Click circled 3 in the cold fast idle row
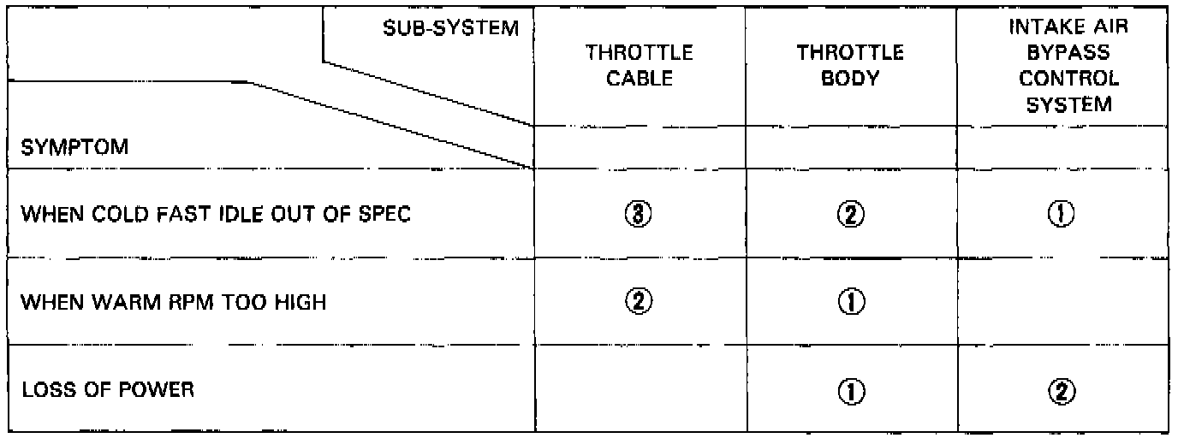[x=639, y=215]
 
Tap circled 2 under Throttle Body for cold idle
[x=851, y=215]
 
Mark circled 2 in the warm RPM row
[x=639, y=302]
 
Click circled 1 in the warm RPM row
[x=851, y=302]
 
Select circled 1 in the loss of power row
[x=851, y=391]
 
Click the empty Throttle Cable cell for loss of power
[x=639, y=391]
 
